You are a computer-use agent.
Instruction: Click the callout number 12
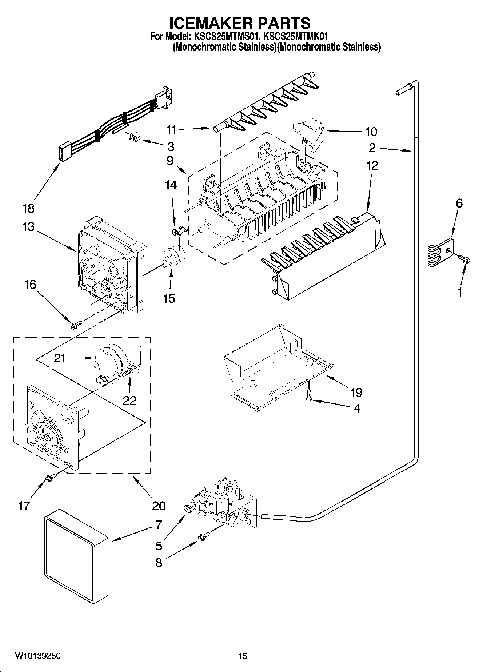pos(372,165)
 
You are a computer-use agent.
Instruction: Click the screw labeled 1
pos(465,259)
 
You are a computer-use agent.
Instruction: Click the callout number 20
pos(159,506)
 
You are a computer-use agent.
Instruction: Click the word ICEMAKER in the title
pos(211,23)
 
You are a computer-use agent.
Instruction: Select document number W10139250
pos(38,656)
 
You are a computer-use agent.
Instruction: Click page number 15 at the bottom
pos(243,656)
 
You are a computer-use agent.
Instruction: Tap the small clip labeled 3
pos(135,137)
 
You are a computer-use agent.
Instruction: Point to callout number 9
pos(170,161)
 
